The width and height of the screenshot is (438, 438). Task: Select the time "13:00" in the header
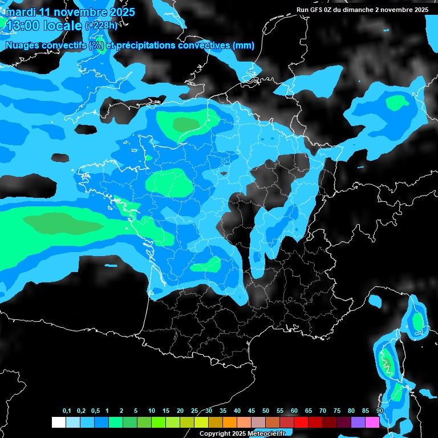23,26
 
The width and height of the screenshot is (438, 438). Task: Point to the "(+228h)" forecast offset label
102,26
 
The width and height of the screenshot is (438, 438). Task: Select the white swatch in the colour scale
58,423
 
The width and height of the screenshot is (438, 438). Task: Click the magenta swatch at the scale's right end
372,423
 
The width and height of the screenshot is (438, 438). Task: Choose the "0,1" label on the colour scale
67,411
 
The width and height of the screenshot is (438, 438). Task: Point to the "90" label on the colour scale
380,411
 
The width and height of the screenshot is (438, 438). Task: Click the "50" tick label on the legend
266,411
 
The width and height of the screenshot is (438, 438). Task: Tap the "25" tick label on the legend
194,411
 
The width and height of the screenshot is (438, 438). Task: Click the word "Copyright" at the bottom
214,433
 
